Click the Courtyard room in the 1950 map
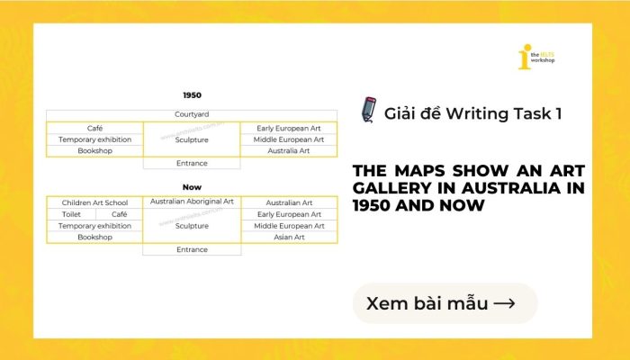coord(192,115)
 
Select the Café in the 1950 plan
coord(94,128)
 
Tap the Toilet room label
coord(71,214)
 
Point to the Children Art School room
coord(94,202)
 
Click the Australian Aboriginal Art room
coord(192,202)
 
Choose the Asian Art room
coord(289,238)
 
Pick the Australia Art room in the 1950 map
coord(289,151)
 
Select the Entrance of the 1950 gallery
coord(192,163)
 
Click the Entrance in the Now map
coord(192,249)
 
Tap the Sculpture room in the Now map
coord(192,226)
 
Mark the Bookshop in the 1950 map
coord(94,151)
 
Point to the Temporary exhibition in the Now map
coord(94,226)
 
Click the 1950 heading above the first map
coord(192,94)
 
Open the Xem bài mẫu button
coord(445,303)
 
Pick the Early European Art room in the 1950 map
coord(289,128)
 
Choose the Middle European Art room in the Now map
coord(289,226)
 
